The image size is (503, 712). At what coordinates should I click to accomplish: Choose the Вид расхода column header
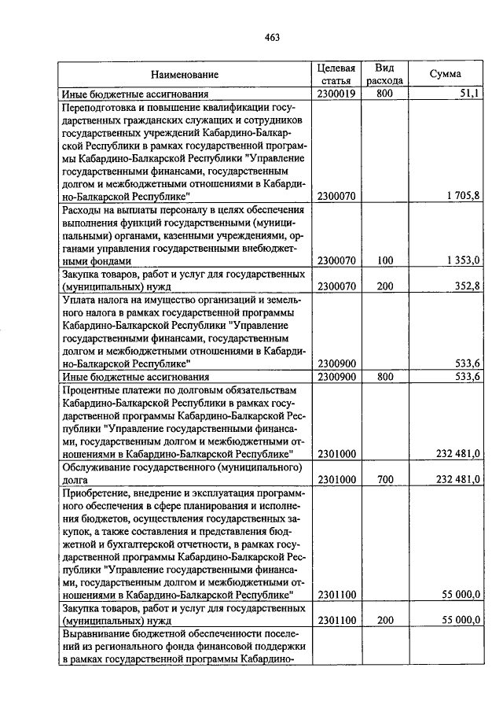click(384, 74)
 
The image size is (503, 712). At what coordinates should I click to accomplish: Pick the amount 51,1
click(468, 94)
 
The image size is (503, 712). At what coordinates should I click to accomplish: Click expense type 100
click(384, 260)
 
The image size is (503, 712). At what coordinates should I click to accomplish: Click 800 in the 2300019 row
click(384, 94)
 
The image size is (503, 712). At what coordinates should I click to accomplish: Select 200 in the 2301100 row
click(384, 621)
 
